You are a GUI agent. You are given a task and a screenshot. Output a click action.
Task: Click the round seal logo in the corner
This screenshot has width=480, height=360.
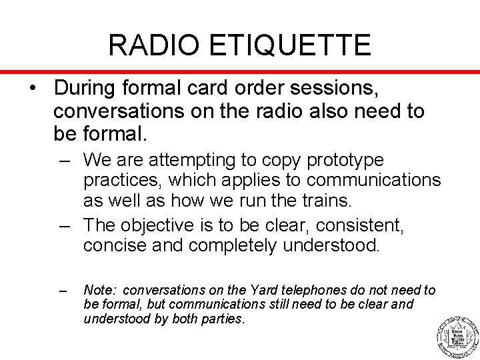[x=457, y=335]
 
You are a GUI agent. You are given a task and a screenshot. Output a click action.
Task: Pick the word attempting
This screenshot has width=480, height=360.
[x=200, y=161]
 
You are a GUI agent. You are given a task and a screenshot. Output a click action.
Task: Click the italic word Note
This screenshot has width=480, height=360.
[x=100, y=290]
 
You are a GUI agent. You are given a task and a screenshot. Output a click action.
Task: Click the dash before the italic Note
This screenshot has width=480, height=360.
[x=64, y=291]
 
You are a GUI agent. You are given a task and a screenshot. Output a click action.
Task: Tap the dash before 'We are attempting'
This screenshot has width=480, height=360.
[x=65, y=161]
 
